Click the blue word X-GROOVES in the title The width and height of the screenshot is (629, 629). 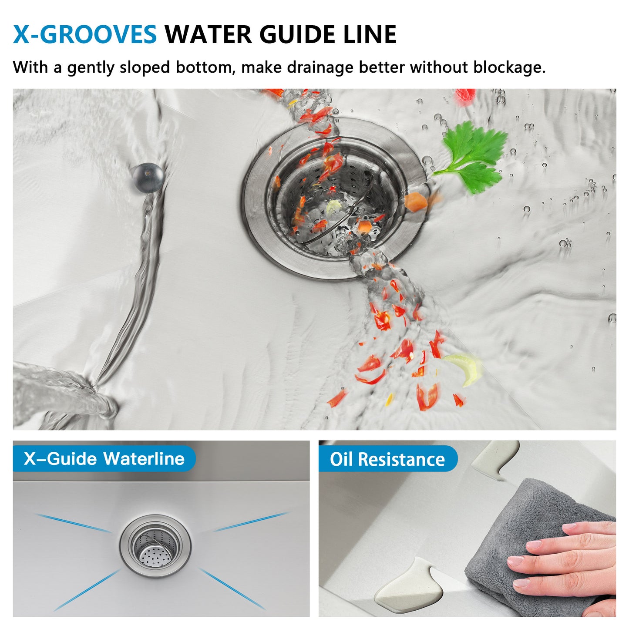(85, 34)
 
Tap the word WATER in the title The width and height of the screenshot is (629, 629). (209, 34)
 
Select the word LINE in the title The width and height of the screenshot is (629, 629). (370, 34)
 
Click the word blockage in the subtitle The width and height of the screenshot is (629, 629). (509, 68)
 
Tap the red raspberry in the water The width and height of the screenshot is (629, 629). (465, 97)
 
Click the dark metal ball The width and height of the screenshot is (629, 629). (148, 178)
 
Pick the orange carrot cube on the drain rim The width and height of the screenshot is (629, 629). (416, 202)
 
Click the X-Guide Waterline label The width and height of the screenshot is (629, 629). (104, 459)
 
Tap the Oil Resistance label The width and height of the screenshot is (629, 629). (387, 459)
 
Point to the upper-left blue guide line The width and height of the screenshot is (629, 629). (73, 523)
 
